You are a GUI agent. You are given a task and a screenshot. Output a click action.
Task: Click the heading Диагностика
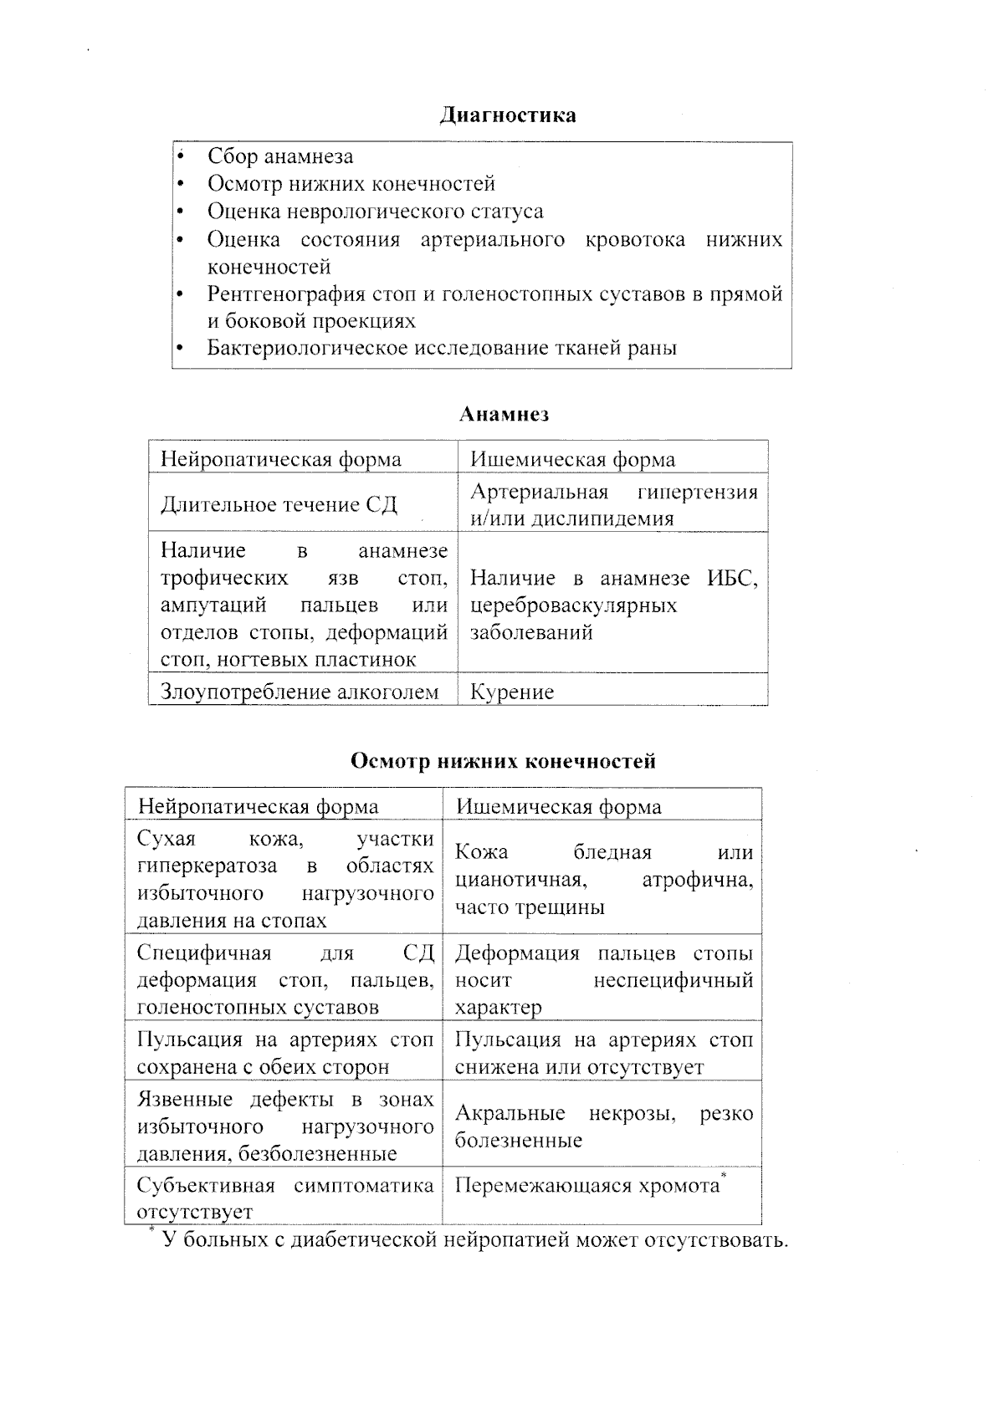[508, 115]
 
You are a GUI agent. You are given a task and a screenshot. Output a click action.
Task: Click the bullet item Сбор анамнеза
[280, 156]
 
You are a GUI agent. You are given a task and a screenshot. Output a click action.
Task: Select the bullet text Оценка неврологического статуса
[375, 212]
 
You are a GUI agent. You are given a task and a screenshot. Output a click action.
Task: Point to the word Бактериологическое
[307, 348]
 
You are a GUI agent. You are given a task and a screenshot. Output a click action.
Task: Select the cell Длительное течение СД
[279, 505]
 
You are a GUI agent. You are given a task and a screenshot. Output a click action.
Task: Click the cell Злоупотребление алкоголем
[300, 692]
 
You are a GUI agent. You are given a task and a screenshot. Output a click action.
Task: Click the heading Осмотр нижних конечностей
[503, 762]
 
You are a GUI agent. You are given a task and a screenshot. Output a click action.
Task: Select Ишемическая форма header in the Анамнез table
[572, 459]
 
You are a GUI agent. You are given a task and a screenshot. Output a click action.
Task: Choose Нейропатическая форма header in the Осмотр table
[258, 806]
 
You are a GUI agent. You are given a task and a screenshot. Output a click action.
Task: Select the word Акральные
[510, 1114]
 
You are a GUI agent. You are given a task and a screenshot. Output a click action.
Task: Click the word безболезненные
[317, 1155]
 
